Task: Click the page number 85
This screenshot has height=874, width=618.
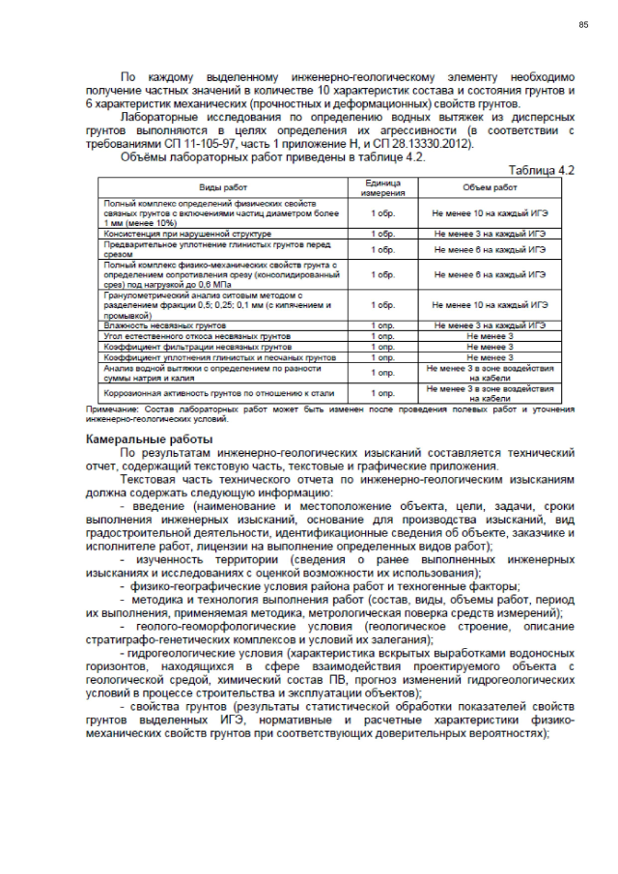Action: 583,24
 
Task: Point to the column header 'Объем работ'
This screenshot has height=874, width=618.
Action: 490,187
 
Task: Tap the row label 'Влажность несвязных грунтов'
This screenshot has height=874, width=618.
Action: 157,326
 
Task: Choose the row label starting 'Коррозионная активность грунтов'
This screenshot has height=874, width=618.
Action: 206,393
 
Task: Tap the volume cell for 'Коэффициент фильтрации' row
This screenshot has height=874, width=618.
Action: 490,346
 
